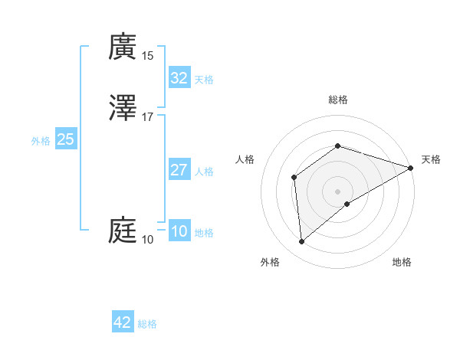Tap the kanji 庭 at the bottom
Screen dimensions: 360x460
(123, 230)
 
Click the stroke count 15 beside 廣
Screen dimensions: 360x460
(147, 55)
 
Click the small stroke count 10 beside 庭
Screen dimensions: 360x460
(147, 240)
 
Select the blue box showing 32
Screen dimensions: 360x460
(179, 78)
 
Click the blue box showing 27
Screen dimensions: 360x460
(179, 170)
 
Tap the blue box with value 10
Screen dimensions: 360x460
(179, 231)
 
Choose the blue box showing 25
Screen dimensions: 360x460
(65, 139)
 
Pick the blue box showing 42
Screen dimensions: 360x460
(123, 322)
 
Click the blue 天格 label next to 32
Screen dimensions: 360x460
(204, 80)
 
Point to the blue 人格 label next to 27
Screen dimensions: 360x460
(204, 172)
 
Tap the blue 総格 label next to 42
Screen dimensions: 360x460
(147, 324)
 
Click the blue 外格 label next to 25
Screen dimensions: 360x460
(41, 141)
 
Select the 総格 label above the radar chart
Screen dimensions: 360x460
(337, 100)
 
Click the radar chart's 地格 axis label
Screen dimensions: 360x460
(402, 262)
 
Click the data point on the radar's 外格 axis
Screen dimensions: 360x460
(302, 242)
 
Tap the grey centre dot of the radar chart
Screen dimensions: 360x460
(337, 191)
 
